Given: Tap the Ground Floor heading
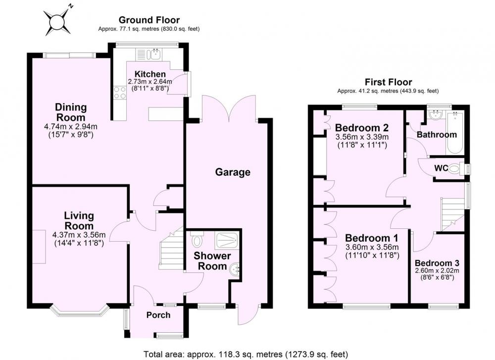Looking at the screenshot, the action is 149,20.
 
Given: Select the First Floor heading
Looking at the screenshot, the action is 388,82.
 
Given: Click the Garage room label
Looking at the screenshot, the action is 233,172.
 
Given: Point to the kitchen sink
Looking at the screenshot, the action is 155,54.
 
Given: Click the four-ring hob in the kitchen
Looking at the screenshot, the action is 120,93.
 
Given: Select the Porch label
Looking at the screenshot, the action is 158,315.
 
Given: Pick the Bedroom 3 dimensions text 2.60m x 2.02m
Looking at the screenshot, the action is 437,271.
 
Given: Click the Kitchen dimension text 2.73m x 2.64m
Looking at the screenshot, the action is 150,82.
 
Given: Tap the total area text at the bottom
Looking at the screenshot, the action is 246,355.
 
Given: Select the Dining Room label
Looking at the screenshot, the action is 71,112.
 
